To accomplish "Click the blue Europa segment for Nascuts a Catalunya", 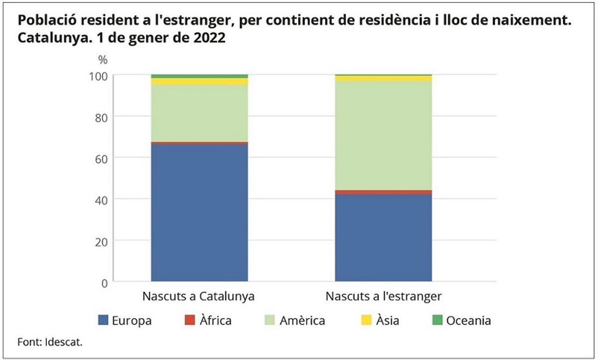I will [x=199, y=213].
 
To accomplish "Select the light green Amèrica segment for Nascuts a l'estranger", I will [x=383, y=135].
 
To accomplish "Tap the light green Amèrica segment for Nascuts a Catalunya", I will [x=199, y=113].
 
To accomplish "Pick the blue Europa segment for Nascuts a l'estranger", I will [x=383, y=238].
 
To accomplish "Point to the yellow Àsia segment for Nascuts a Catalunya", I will [x=199, y=81].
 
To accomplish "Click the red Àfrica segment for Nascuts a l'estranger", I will [x=383, y=192].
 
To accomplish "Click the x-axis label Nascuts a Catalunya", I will [x=199, y=296].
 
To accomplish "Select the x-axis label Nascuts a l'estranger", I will [x=383, y=296].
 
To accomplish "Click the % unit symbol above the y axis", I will [x=103, y=60].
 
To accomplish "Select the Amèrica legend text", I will [x=302, y=321].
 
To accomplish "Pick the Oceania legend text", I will [x=468, y=321].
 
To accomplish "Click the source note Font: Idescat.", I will [x=50, y=343].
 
